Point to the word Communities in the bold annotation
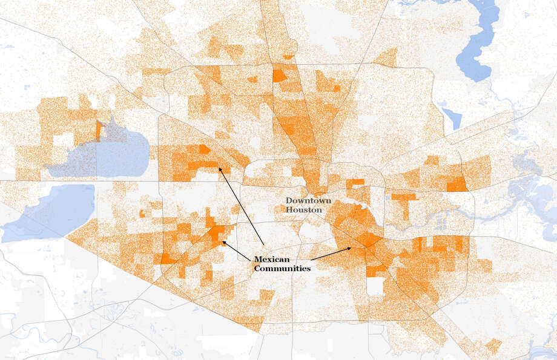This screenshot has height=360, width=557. tap(282, 267)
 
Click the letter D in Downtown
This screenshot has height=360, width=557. tap(289, 200)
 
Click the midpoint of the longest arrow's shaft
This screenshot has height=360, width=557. tap(241, 206)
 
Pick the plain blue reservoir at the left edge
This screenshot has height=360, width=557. tap(48, 212)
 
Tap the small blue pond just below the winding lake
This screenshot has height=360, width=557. tap(451, 115)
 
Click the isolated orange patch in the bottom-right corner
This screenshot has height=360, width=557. tap(493, 345)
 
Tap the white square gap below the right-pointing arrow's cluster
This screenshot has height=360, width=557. tap(376, 285)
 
